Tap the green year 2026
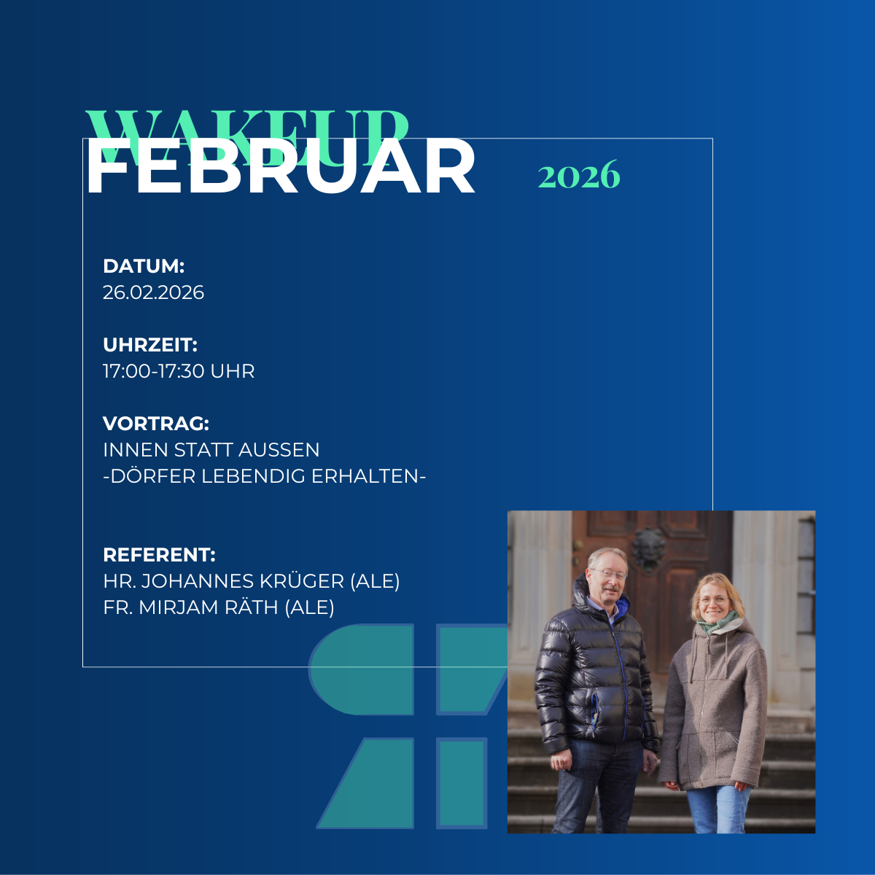579,176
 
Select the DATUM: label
144,266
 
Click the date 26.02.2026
153,292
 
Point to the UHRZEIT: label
150,345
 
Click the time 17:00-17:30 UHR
179,371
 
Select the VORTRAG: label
156,424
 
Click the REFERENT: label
159,555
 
